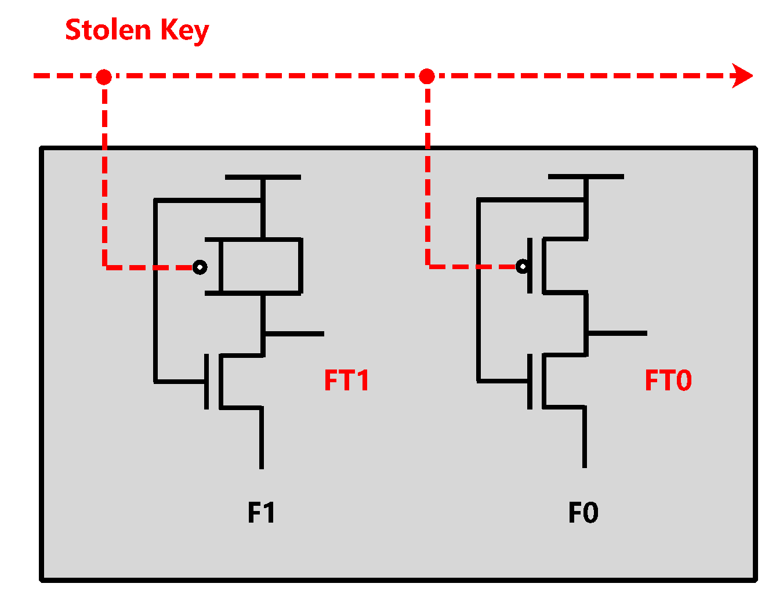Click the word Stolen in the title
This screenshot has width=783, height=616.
coord(108,30)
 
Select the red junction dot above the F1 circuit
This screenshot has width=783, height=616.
coord(104,77)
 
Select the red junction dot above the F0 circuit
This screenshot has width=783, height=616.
coord(427,76)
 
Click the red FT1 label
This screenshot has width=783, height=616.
coord(346,381)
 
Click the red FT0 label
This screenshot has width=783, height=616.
coord(668,381)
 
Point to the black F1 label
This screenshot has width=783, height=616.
coord(261,513)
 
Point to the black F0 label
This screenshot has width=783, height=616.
coord(583,513)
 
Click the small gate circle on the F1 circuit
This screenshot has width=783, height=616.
coord(200,267)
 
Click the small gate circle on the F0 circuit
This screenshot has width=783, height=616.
coord(523,267)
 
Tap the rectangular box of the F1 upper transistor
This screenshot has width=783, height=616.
coord(261,266)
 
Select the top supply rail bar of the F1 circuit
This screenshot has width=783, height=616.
coord(263,177)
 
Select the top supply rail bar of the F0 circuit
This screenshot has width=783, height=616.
coord(586,176)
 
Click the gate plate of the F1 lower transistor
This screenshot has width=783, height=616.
coord(206,382)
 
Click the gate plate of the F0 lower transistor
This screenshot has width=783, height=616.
coord(530,381)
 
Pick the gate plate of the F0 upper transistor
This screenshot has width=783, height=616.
coord(530,266)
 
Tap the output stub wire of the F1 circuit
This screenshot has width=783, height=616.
coord(294,334)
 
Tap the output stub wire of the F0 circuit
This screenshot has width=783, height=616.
coord(617,333)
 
